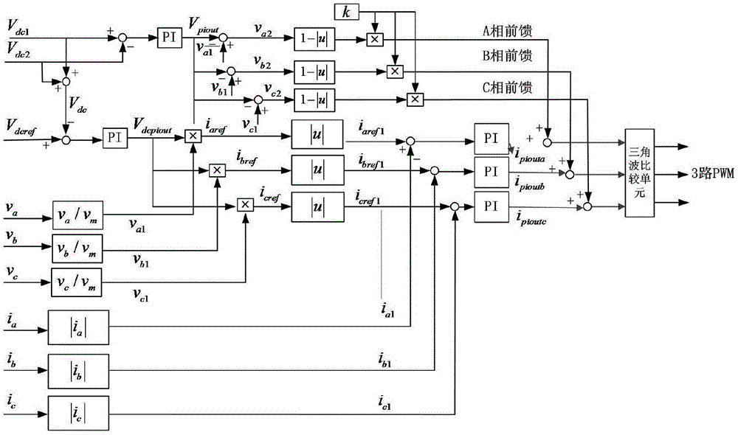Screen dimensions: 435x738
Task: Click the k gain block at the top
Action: (x=346, y=11)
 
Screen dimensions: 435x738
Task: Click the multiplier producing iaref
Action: (x=193, y=136)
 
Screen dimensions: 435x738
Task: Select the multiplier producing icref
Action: (x=244, y=203)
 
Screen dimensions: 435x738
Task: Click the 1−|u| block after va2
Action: (x=315, y=38)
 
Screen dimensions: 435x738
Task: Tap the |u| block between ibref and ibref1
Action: (x=317, y=170)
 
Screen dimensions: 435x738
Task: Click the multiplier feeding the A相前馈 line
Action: (x=374, y=38)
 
